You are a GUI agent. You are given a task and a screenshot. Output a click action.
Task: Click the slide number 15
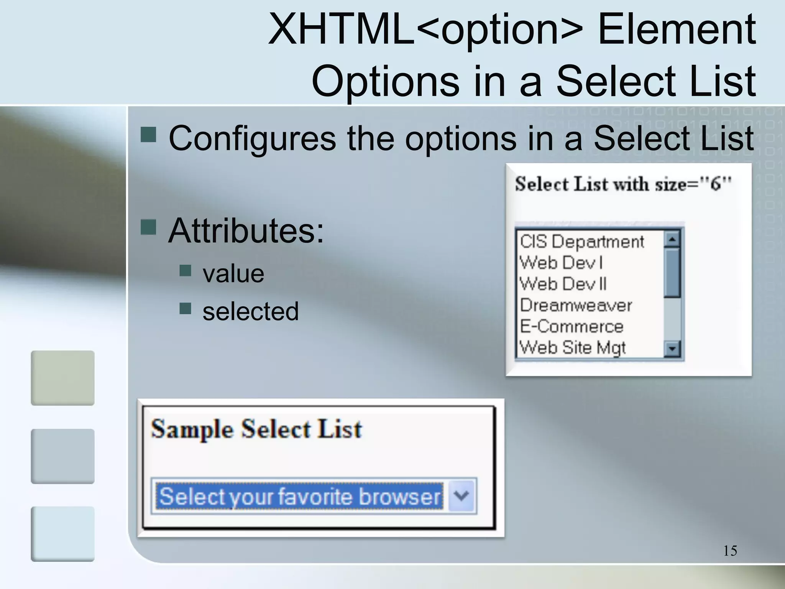tap(730, 551)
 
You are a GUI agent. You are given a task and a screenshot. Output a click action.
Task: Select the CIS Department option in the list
tap(582, 242)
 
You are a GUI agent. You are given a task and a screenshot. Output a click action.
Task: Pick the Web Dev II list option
tap(563, 284)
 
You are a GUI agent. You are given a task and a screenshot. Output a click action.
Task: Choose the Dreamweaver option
tap(576, 305)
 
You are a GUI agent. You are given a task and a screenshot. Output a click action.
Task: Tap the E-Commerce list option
tap(572, 326)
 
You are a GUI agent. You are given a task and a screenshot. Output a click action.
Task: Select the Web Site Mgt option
tap(572, 347)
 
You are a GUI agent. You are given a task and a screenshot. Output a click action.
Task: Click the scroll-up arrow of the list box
tap(672, 239)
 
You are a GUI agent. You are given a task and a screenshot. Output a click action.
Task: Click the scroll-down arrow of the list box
tap(672, 349)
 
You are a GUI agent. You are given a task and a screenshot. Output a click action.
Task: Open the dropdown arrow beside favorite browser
tap(461, 496)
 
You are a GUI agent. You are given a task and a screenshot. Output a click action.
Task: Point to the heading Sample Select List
tap(256, 429)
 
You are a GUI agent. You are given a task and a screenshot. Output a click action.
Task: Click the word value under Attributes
tap(233, 274)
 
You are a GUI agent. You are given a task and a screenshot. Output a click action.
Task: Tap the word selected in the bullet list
tap(250, 311)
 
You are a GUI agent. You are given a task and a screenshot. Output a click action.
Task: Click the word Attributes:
tap(246, 231)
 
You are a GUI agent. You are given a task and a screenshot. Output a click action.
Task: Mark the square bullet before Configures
tap(148, 135)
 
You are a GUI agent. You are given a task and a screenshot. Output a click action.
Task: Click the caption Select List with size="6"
tap(623, 184)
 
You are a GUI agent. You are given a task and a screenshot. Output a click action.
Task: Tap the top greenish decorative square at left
tap(62, 378)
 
